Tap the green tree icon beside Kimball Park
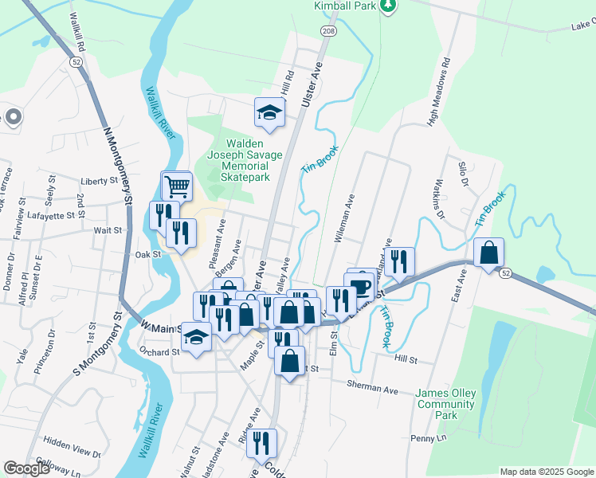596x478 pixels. point(387,6)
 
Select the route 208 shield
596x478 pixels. point(327,30)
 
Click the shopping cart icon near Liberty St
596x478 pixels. point(178,186)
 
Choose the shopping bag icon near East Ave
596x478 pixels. point(488,253)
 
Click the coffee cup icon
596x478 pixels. point(360,286)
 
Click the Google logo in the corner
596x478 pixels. point(26,468)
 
